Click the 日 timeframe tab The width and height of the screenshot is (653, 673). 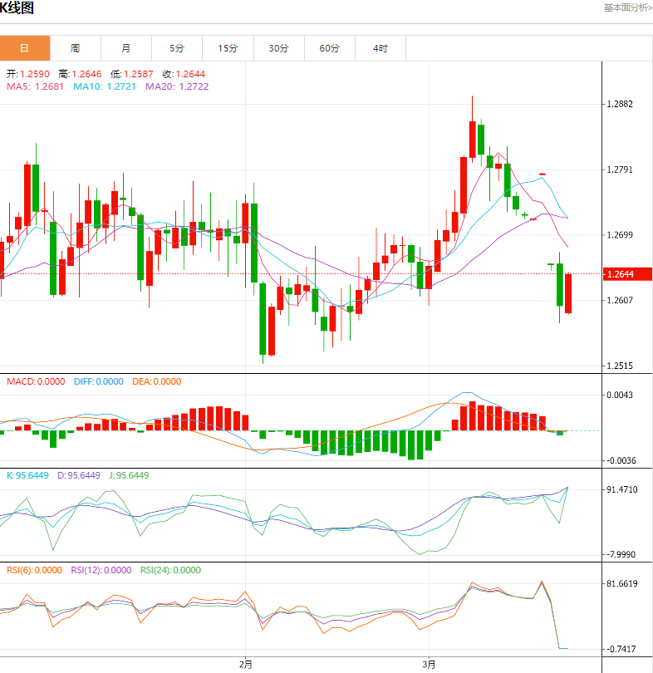[x=25, y=48]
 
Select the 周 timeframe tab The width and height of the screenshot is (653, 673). [x=76, y=48]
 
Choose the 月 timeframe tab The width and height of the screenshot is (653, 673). [x=126, y=48]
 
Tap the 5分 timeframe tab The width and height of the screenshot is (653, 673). [x=177, y=48]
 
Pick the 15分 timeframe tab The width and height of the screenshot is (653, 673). [x=228, y=48]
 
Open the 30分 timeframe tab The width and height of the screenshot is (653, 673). [x=278, y=48]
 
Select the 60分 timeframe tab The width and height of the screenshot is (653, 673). [x=330, y=48]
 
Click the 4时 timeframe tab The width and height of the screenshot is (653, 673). [x=380, y=48]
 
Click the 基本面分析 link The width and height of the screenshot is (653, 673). [x=627, y=7]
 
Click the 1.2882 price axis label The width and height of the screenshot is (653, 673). [x=620, y=104]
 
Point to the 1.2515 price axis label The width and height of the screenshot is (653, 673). [x=620, y=366]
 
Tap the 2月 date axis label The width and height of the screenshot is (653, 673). [x=245, y=664]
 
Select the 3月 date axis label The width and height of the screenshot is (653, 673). [x=429, y=664]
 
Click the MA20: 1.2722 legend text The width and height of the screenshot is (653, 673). [x=177, y=86]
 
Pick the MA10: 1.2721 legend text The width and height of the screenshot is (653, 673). [x=106, y=86]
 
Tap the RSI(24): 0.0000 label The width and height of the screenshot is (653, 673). [x=170, y=570]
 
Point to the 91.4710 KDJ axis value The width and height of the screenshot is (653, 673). [x=621, y=490]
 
